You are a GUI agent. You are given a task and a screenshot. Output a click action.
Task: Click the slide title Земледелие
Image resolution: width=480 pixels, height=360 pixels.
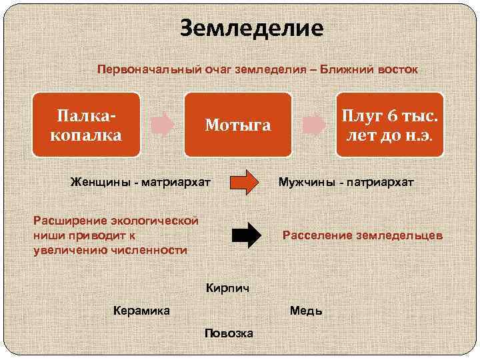coord(252,28)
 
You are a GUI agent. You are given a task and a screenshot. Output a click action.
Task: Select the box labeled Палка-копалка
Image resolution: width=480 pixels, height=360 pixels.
coord(86,125)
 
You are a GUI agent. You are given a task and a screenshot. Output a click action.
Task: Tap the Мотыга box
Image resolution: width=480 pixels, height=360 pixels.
coord(238,125)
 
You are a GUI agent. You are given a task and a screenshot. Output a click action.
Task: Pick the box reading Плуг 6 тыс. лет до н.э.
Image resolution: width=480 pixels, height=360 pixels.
coord(389,125)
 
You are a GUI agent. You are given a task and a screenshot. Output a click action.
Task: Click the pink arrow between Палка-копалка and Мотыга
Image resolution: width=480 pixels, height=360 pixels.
coord(162,125)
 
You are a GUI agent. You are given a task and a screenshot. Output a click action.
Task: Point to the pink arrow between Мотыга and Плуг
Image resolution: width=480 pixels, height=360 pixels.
coord(313,125)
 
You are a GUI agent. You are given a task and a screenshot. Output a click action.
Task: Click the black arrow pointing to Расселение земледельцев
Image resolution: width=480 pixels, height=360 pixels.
coord(247,235)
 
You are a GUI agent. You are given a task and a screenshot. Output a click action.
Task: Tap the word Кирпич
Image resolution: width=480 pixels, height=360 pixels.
coord(228,287)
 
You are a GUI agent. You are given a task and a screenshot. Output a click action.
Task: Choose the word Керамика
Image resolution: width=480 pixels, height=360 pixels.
coord(141,310)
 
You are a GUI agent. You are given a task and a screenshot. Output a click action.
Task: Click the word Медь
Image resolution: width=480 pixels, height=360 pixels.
coord(306,311)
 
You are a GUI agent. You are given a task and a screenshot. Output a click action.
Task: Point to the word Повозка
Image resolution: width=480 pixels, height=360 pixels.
coord(229,333)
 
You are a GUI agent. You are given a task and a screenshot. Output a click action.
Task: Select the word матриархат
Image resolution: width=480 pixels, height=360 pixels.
coord(175,182)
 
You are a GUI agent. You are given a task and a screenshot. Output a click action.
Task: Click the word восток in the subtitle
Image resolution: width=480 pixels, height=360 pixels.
coord(395,69)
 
